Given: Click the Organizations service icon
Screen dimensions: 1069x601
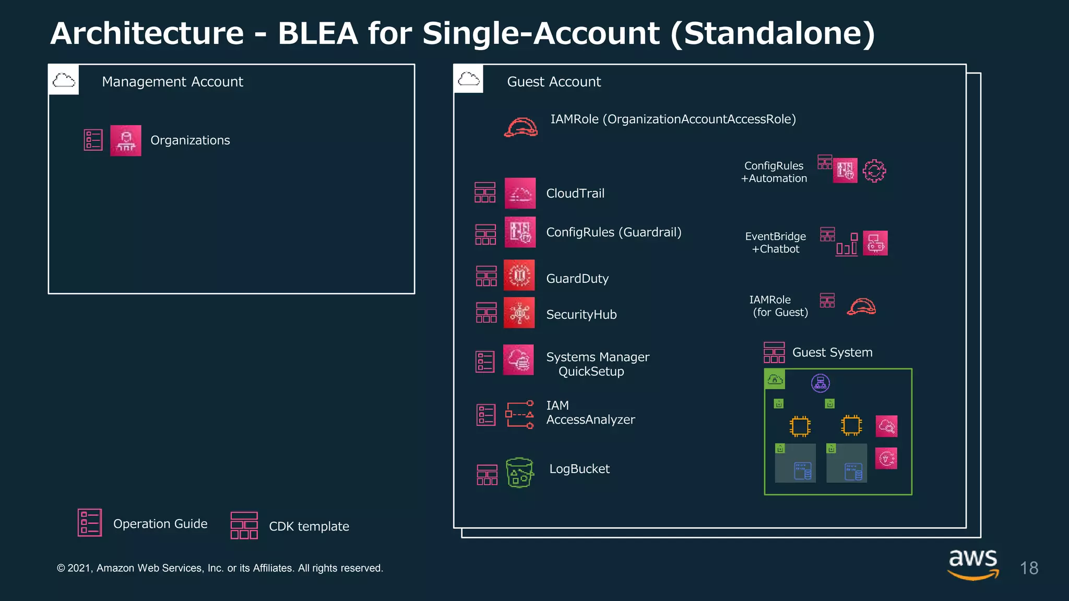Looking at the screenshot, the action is tap(126, 140).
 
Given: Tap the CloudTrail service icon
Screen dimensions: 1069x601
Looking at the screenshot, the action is tap(520, 193).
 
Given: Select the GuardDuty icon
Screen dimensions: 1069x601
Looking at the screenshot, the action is tap(519, 275).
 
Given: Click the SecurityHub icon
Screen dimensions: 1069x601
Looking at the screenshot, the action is tap(519, 312).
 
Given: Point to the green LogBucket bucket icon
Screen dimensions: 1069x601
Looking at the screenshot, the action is tap(519, 473).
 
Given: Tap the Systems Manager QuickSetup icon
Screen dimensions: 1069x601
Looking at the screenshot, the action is tap(518, 359).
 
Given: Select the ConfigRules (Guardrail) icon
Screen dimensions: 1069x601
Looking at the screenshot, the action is tap(520, 232).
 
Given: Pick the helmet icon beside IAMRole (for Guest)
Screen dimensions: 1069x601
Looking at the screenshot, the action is tap(861, 306).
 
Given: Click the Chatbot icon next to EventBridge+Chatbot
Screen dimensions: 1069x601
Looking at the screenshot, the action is tap(875, 243).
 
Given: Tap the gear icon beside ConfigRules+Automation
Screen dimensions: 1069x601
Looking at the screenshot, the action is tap(874, 171).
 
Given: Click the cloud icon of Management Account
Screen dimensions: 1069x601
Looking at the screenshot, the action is tap(64, 80).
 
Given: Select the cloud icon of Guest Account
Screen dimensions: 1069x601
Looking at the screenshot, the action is tap(469, 79).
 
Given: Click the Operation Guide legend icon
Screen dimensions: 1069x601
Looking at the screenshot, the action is tap(90, 523).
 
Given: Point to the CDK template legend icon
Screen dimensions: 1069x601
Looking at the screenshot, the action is tap(244, 525).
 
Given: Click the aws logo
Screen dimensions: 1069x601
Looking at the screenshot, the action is tap(973, 563).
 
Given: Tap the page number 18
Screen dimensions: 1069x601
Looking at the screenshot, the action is tap(1029, 568).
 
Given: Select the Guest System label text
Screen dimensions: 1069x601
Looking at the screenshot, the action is tap(832, 353).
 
